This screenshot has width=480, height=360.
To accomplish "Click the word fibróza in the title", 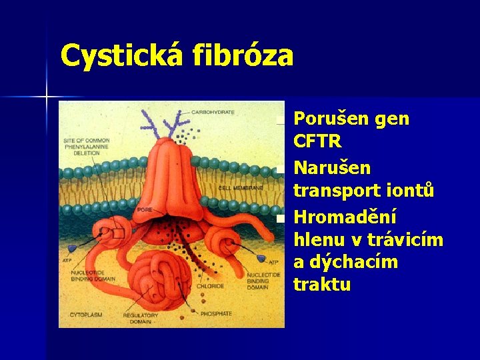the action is pyautogui.click(x=243, y=56).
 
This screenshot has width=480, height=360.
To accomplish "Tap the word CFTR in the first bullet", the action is pyautogui.click(x=317, y=141).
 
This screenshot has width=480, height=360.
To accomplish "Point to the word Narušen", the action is pyautogui.click(x=332, y=167).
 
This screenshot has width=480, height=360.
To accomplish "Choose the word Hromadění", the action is pyautogui.click(x=345, y=217).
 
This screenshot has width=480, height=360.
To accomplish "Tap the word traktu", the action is pyautogui.click(x=322, y=285).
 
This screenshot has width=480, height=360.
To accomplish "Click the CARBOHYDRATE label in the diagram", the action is pyautogui.click(x=213, y=112).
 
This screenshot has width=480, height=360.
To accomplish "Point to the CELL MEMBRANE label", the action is pyautogui.click(x=241, y=188).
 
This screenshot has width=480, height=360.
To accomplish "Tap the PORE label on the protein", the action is pyautogui.click(x=145, y=210).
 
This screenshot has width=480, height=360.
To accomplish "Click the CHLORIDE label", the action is pyautogui.click(x=210, y=286).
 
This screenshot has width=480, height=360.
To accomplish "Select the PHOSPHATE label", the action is pyautogui.click(x=215, y=313).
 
